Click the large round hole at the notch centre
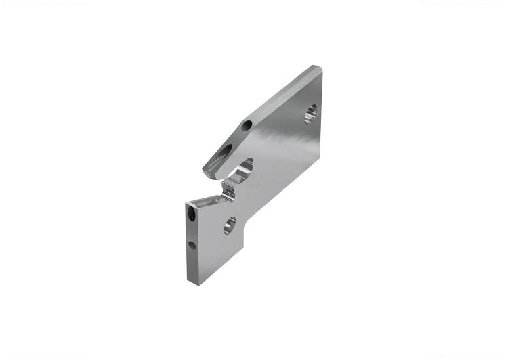tap(244, 166)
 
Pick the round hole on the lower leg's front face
tap(230, 225)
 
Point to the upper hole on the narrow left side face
tap(192, 216)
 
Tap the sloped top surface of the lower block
tap(206, 198)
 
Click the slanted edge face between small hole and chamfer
tap(281, 95)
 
